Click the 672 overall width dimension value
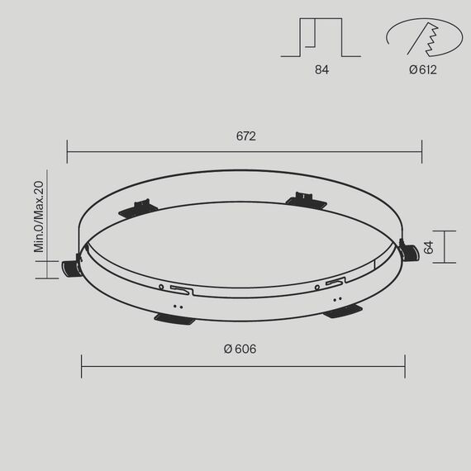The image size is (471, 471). tap(245, 136)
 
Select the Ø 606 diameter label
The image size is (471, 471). tap(240, 349)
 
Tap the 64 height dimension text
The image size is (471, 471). tap(428, 247)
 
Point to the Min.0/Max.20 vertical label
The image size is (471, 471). tap(38, 216)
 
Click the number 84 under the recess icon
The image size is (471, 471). tap(321, 70)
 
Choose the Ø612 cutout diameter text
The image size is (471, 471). tap(422, 70)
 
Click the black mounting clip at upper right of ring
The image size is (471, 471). tap(305, 200)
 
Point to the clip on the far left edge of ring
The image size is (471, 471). tap(71, 267)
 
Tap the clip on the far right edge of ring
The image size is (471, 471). tap(410, 251)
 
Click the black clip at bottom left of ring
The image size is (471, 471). tap(174, 319)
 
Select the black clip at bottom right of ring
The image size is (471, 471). tap(343, 311)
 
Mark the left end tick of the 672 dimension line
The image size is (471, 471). tap(68, 151)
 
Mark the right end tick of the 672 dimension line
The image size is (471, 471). tap(421, 151)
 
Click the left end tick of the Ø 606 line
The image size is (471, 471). tap(82, 366)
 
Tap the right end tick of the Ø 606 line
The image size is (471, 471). tap(405, 366)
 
